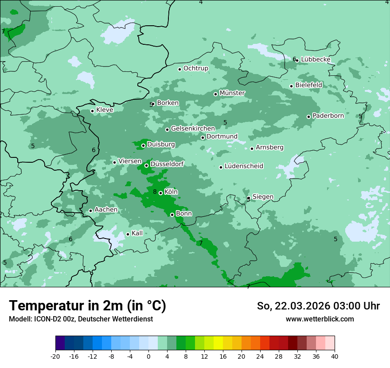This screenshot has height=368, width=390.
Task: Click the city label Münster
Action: pos(232,93)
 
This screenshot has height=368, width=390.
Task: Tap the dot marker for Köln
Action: pos(160,193)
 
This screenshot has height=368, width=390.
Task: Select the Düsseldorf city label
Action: pos(167,164)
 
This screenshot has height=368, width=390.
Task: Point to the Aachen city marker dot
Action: pos(90,211)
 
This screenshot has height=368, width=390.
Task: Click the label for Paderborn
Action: pos(328,116)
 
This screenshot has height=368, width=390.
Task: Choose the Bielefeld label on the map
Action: pos(309,85)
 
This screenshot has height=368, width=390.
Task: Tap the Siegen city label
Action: pos(263,197)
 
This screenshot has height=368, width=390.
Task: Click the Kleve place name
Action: pos(105,110)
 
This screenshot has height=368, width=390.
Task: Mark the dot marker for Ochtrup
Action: pos(179,69)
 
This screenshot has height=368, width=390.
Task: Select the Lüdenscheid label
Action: pos(244,166)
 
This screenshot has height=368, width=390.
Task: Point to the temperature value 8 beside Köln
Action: pos(155,192)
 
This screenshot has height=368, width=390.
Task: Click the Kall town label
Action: pos(137,233)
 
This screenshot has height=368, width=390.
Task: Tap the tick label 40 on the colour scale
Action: pos(334,356)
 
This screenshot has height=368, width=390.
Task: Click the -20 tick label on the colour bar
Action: pos(55,356)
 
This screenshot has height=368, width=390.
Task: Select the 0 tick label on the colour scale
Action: pos(148,356)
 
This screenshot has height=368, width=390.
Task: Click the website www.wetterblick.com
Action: pos(320,319)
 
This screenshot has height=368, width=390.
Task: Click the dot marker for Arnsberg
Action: pos(252,149)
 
